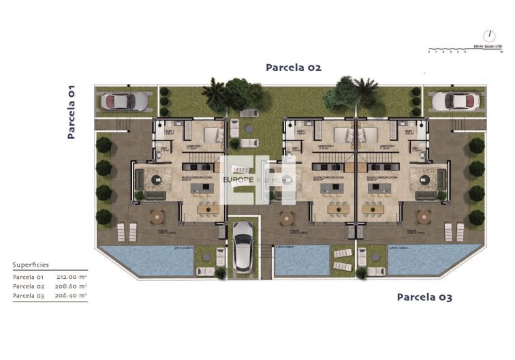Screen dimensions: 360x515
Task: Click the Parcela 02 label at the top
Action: pos(293,67)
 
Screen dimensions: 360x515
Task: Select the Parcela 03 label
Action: pos(424,297)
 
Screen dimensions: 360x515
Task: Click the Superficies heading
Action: pos(31,265)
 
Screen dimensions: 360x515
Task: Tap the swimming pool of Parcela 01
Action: pos(146,260)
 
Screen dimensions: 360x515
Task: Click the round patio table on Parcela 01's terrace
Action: pos(158,217)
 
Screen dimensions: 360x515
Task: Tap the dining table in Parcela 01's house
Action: pos(204,209)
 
